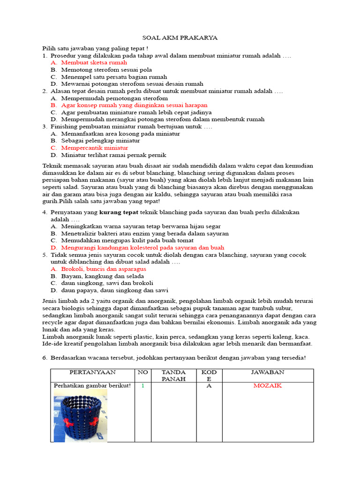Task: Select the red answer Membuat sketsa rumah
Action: pyautogui.click(x=94, y=62)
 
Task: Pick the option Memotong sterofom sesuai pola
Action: pyautogui.click(x=104, y=69)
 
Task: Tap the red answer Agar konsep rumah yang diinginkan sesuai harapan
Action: pyautogui.click(x=134, y=105)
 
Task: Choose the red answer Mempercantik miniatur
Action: pyautogui.click(x=95, y=148)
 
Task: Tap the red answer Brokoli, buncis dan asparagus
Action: pyautogui.click(x=104, y=269)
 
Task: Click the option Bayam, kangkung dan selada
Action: pyautogui.click(x=103, y=276)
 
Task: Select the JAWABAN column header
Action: pyautogui.click(x=267, y=372)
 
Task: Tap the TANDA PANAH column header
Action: pyautogui.click(x=173, y=375)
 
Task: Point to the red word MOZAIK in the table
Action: pyautogui.click(x=267, y=386)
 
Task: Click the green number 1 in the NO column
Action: pyautogui.click(x=142, y=386)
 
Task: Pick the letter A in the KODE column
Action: pyautogui.click(x=209, y=386)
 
